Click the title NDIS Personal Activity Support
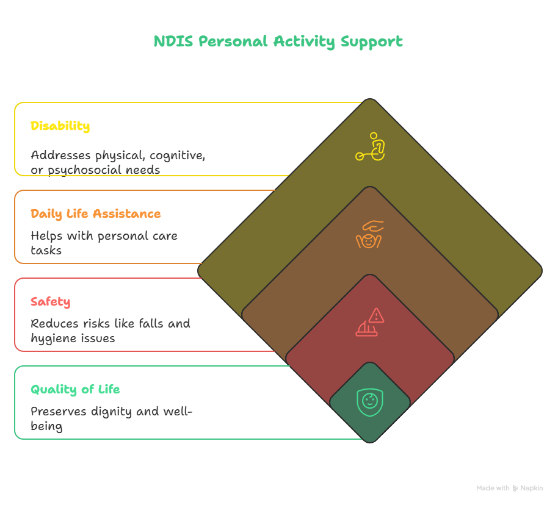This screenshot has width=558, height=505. point(278,41)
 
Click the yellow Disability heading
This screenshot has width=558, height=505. point(60,126)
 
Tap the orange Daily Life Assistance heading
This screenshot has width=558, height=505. point(96,214)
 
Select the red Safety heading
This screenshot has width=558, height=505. point(50,302)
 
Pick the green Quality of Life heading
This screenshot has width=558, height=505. point(75,390)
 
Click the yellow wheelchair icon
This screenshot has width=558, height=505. point(371,147)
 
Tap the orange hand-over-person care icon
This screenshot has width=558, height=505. point(369,235)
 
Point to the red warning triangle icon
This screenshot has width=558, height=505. point(377,316)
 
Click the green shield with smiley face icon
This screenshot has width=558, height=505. point(369,402)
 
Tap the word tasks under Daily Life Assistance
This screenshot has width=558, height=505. point(46,250)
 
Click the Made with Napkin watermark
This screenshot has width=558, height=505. point(509,488)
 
